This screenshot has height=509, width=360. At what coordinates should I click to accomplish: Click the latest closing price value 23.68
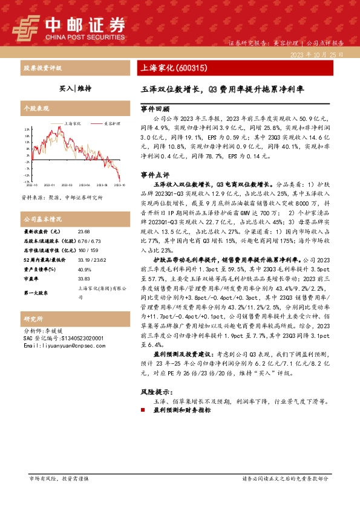click(83, 232)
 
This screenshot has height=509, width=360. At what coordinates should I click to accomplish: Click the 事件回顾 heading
click(155, 110)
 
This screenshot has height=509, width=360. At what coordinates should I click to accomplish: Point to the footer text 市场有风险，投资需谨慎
click(59, 478)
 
